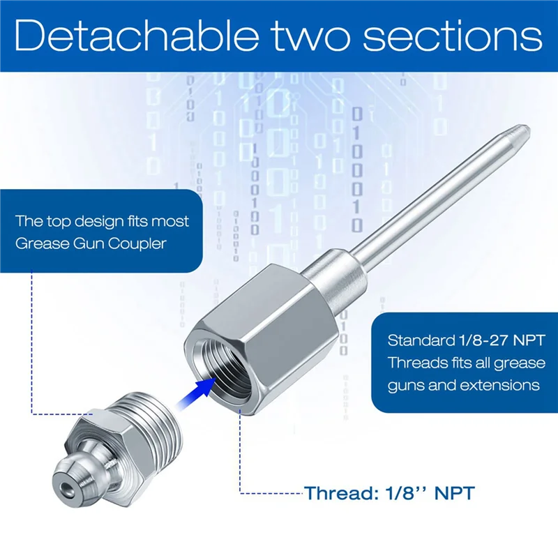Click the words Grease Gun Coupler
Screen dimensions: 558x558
91,244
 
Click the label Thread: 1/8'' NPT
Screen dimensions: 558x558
389,494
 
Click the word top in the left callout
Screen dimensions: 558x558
61,222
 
